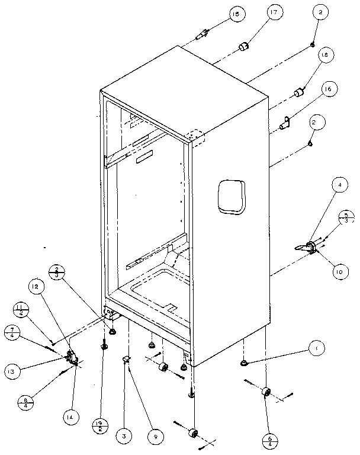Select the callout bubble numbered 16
click(x=329, y=89)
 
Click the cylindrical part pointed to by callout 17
click(x=243, y=46)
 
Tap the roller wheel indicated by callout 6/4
click(x=266, y=393)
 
